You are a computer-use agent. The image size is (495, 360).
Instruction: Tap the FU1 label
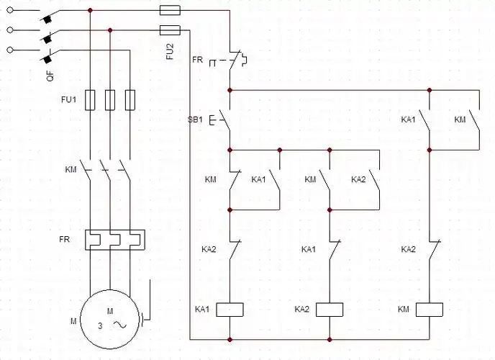tap(68, 99)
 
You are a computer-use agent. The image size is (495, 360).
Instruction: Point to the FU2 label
tap(171, 52)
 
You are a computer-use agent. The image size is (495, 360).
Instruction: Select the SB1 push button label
tap(196, 119)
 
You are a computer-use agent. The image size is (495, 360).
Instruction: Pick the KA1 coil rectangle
tap(230, 310)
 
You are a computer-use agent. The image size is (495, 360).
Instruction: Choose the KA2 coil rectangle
tap(330, 310)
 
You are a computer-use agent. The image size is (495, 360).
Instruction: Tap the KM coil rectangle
tap(430, 310)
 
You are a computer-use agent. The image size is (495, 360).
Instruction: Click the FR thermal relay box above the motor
tap(115, 240)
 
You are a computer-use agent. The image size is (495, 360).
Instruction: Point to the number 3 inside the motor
tap(100, 325)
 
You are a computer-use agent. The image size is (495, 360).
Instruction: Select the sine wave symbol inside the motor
tap(121, 325)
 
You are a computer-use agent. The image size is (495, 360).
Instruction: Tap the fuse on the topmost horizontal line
tap(170, 11)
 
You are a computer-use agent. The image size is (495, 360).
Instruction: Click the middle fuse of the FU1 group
tap(110, 99)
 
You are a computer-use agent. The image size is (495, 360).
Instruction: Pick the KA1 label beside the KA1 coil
tap(201, 309)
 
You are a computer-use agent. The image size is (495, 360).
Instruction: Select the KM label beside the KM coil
tap(404, 309)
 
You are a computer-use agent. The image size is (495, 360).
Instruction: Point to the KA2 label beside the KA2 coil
tap(301, 309)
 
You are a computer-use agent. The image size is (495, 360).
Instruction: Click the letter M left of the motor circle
tap(73, 320)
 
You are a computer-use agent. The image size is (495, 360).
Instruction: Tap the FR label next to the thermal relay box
tap(65, 238)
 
